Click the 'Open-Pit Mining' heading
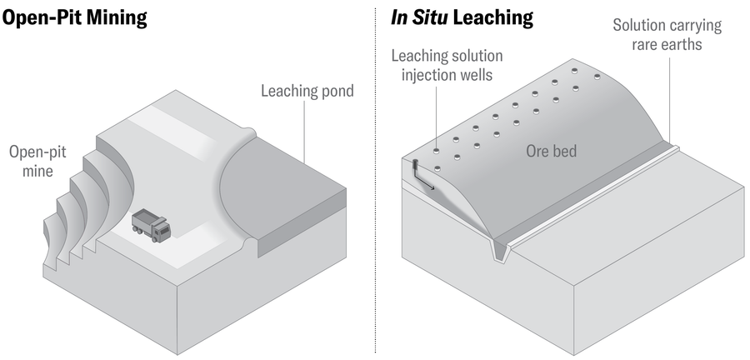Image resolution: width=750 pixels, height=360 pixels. tap(75, 17)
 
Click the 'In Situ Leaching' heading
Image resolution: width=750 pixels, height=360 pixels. tap(462, 17)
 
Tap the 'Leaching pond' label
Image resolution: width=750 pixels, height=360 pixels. tap(307, 91)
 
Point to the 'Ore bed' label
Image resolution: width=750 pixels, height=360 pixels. tap(552, 152)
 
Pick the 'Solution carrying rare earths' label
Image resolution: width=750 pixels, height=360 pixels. tap(667, 34)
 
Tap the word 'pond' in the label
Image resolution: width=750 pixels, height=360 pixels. tap(334, 91)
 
